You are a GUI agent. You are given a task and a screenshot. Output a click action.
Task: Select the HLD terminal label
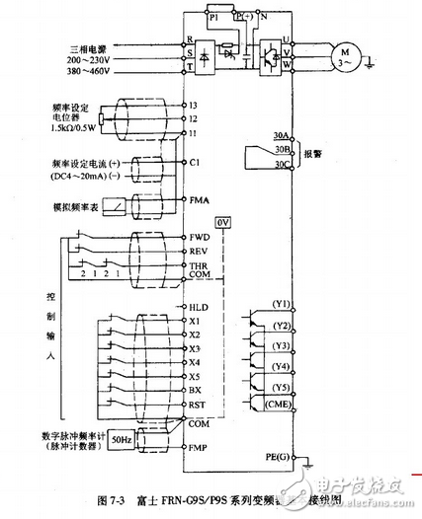198,308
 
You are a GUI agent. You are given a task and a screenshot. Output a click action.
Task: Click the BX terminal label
196,391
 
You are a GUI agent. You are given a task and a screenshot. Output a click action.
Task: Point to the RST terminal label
197,405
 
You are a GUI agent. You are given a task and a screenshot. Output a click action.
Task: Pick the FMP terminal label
198,447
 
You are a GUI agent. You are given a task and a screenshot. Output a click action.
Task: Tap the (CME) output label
252,404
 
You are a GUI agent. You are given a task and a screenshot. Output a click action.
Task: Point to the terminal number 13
195,104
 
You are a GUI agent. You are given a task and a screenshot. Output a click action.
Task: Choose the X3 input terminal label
196,349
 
